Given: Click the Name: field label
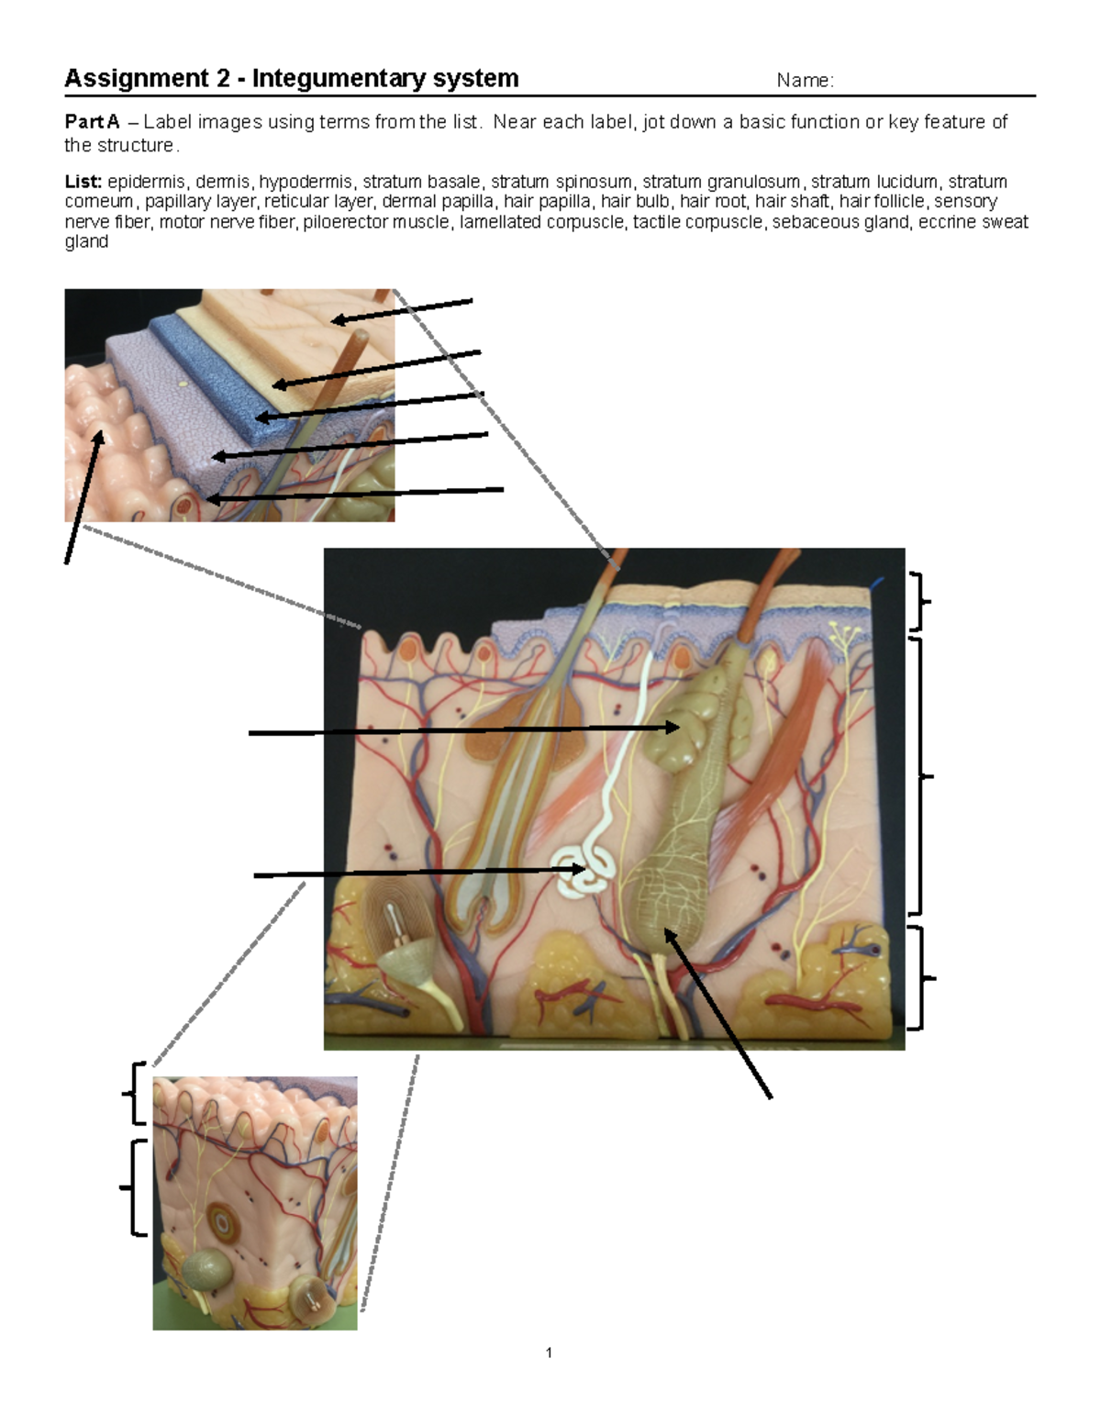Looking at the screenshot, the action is coord(806,81).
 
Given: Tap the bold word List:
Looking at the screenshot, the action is coord(83,182).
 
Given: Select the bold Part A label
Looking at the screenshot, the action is coord(93,122).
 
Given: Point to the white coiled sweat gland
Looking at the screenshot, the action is coord(584,872).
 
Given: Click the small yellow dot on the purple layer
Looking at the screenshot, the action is coord(183,384).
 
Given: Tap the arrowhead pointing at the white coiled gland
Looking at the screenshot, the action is coord(578,870).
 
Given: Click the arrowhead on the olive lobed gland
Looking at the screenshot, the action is coord(672,727).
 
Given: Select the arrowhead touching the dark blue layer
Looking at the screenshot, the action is coord(262,417).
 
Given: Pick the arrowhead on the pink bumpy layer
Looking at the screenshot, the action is coord(100,438).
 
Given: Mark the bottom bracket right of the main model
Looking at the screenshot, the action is coord(922,978).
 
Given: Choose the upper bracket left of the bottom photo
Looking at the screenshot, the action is coord(134,1093).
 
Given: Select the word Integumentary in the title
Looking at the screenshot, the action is coord(337,79).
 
